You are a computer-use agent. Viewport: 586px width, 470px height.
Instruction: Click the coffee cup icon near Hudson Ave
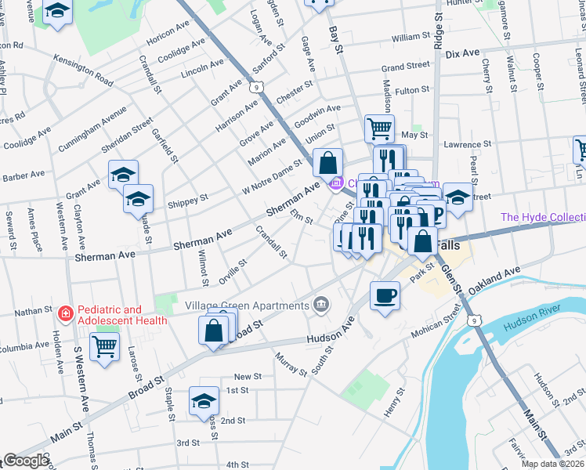(x=384, y=295)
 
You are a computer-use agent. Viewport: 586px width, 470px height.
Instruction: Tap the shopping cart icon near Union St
(x=379, y=127)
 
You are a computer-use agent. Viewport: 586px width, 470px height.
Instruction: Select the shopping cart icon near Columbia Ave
(x=104, y=345)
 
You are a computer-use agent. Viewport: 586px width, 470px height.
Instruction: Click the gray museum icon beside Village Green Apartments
(x=320, y=304)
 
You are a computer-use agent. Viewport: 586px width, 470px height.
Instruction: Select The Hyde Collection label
(x=542, y=217)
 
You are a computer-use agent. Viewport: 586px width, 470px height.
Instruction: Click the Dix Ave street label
(x=461, y=53)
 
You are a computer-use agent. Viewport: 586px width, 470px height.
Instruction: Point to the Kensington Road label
(x=83, y=68)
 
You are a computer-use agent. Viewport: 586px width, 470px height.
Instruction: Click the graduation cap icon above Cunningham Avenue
(x=57, y=13)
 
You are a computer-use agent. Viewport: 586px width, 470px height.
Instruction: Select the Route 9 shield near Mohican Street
(x=473, y=320)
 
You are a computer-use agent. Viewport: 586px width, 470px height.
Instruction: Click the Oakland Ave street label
(x=494, y=280)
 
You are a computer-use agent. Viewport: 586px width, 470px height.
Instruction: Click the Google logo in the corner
(x=27, y=461)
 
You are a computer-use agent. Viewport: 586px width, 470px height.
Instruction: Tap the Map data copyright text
(x=552, y=464)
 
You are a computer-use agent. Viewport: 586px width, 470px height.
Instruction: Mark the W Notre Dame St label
(x=272, y=177)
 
